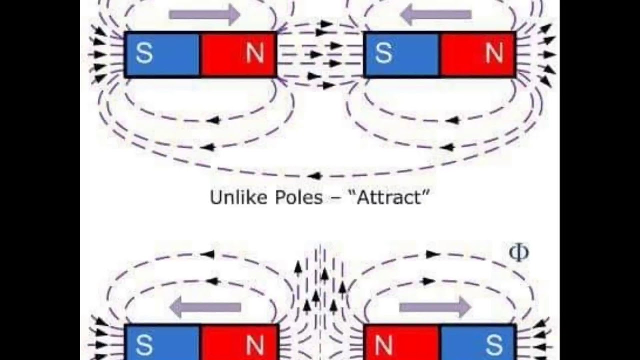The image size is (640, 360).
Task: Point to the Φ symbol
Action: (x=518, y=252)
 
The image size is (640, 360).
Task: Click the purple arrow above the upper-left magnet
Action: (x=205, y=14)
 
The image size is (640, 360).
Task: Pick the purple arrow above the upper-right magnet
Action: (x=436, y=14)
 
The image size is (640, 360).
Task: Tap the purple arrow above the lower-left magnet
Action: (x=205, y=306)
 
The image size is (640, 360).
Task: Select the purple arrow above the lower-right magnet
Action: (x=435, y=306)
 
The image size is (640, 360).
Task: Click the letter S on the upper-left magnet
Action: (x=144, y=54)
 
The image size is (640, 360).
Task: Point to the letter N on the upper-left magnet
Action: (x=255, y=54)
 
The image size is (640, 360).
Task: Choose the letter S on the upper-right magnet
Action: (x=383, y=54)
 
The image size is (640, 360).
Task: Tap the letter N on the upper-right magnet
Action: (x=494, y=54)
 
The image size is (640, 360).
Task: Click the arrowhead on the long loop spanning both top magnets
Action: (x=314, y=175)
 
